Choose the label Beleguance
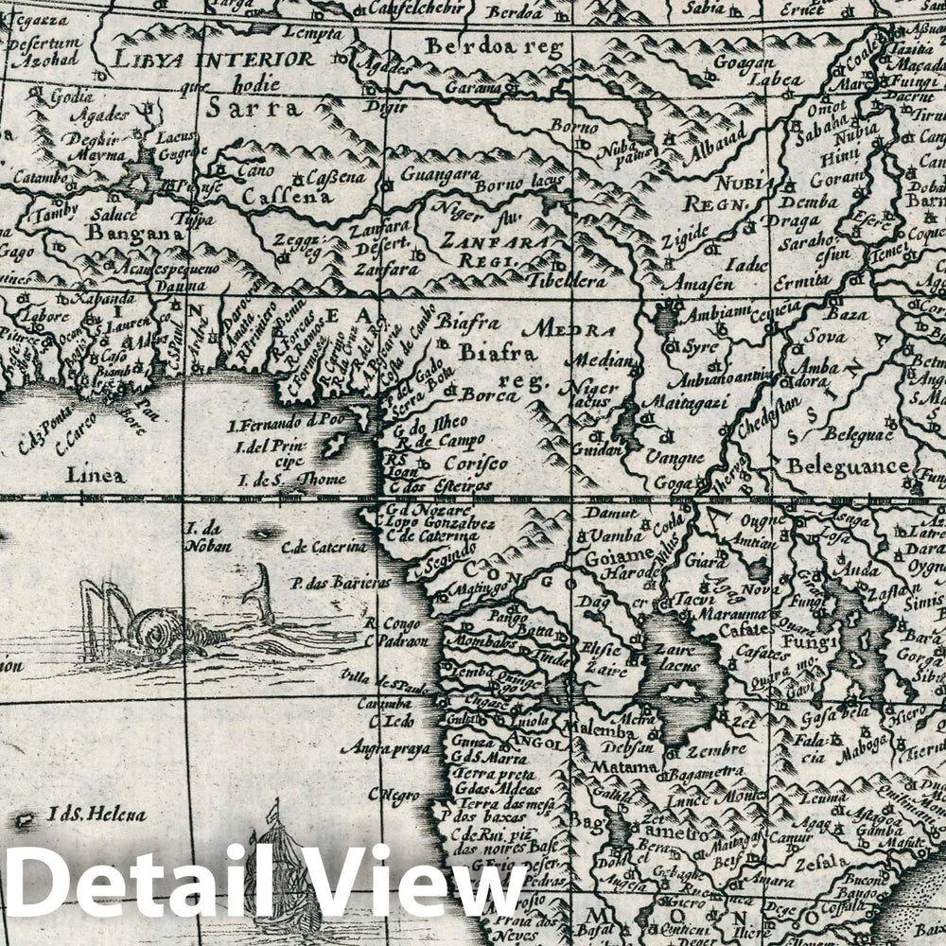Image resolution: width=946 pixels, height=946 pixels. tap(848, 465)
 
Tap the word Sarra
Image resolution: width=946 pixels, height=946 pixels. tap(255, 107)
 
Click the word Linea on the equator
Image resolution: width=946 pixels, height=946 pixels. tap(95, 475)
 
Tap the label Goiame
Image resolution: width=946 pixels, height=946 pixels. tap(621, 554)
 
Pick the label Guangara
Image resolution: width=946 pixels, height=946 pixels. tap(441, 174)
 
